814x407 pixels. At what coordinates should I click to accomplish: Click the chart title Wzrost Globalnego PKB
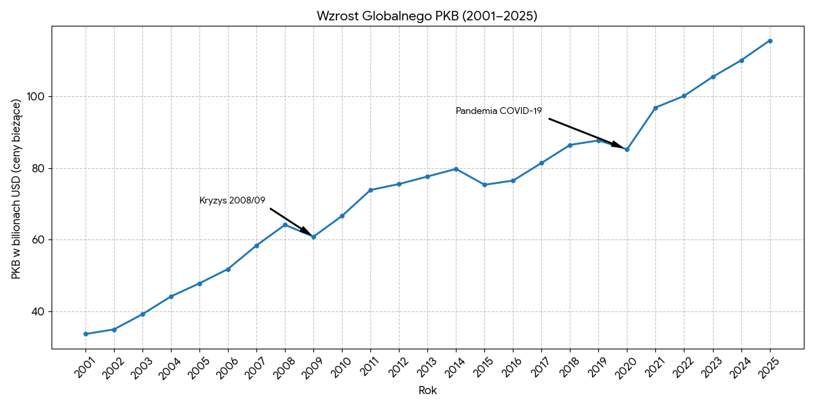(427, 16)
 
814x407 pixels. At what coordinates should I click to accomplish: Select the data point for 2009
(313, 237)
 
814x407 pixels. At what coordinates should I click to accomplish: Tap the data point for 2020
(627, 149)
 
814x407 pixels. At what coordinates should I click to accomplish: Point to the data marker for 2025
(770, 41)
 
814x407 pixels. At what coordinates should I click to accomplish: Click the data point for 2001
(85, 334)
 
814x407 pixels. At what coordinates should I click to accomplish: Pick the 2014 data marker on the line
(456, 169)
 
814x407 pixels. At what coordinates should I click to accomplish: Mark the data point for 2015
(484, 185)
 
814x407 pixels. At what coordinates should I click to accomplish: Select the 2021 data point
(655, 108)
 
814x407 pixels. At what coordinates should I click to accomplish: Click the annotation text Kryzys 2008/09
(232, 201)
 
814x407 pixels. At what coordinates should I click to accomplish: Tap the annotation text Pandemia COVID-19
(499, 111)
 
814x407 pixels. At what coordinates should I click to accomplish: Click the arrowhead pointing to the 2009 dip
(307, 231)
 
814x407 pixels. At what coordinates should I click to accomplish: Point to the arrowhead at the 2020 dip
(618, 145)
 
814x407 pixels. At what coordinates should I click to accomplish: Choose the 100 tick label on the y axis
(36, 97)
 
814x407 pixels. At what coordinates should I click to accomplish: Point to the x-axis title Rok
(427, 391)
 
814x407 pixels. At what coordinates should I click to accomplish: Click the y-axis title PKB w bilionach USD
(16, 189)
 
